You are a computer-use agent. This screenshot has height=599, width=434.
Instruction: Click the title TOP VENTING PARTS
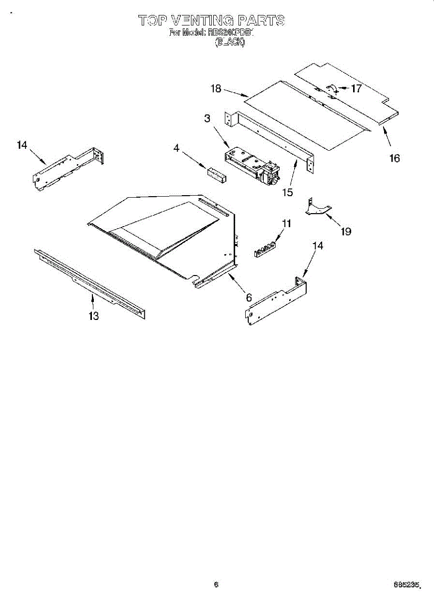(x=211, y=20)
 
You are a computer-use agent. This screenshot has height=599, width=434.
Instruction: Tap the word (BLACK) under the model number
(x=230, y=43)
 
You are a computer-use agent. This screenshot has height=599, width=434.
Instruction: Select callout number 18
(x=216, y=89)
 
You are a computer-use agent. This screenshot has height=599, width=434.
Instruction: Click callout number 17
(x=356, y=89)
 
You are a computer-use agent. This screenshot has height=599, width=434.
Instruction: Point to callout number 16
(x=395, y=158)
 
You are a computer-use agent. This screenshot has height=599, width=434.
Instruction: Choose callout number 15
(x=287, y=192)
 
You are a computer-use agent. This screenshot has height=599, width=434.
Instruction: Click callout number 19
(x=346, y=231)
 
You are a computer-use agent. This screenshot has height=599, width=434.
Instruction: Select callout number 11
(x=286, y=224)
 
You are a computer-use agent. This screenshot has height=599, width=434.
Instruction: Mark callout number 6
(x=248, y=297)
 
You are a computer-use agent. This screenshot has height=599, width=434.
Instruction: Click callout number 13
(x=93, y=315)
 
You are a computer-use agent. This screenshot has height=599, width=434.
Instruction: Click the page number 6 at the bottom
(x=216, y=584)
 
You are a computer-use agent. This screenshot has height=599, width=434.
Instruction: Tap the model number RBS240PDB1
(x=232, y=33)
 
